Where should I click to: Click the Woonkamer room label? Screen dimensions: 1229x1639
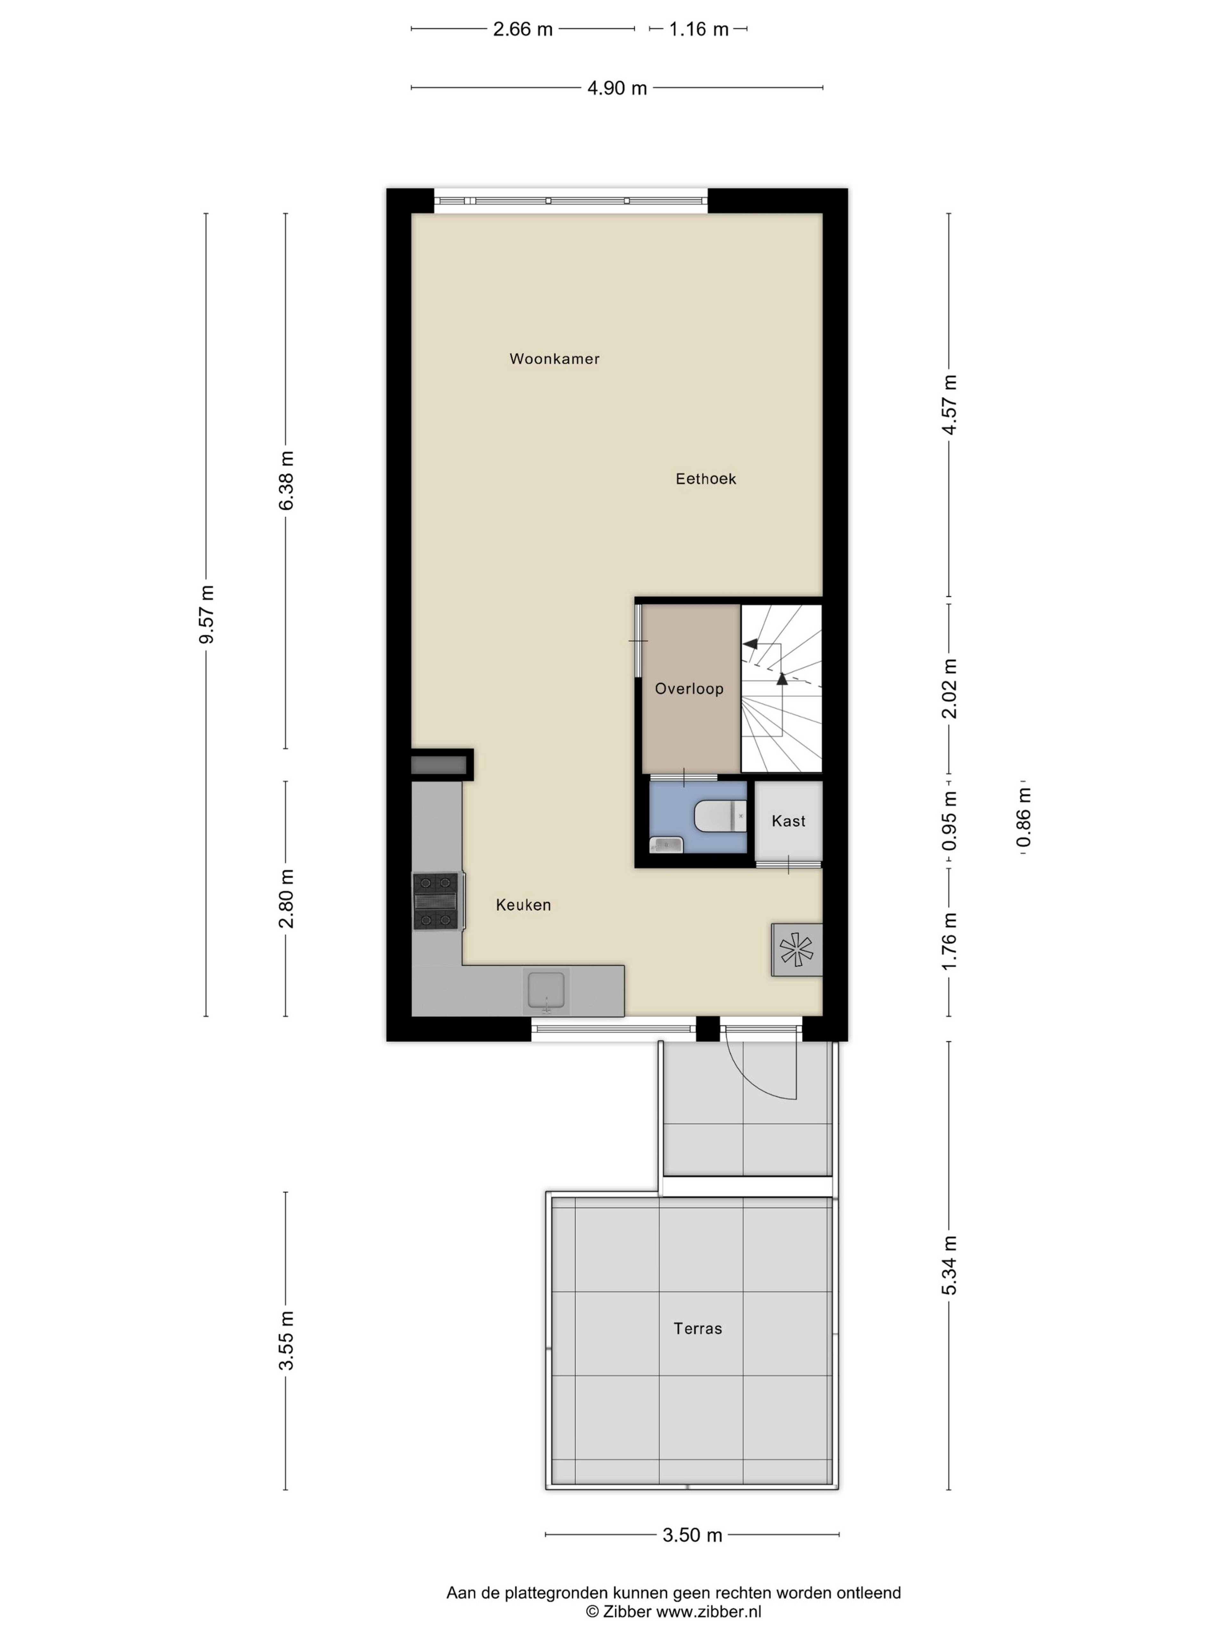point(554,359)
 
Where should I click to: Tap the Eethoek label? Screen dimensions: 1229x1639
point(705,479)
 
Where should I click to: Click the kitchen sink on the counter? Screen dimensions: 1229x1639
point(546,991)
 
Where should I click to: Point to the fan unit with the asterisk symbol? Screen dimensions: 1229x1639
point(796,949)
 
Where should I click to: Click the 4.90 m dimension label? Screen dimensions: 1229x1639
point(617,88)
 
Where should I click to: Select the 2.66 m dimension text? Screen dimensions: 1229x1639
point(523,29)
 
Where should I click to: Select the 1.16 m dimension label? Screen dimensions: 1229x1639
point(699,29)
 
